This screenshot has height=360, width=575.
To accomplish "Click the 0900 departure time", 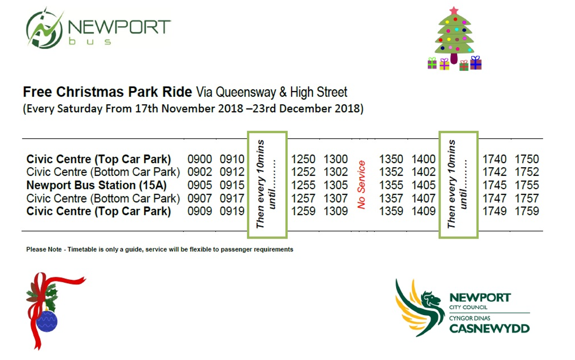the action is point(200,159).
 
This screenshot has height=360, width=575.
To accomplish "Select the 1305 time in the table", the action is point(336,185).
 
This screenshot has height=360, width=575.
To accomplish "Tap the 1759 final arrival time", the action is point(527,211).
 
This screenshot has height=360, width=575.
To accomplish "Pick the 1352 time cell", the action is point(391,172).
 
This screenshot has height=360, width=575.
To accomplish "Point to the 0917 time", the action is point(232,198).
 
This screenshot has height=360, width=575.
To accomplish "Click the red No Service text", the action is point(361,185).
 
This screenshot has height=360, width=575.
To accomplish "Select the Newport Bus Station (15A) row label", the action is point(97,185).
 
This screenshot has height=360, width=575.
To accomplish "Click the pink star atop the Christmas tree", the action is point(454,11).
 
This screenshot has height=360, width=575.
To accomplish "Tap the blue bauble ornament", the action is point(47,321).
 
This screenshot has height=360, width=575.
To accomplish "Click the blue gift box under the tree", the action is point(476,63).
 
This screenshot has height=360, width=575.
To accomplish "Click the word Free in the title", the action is point(38,92).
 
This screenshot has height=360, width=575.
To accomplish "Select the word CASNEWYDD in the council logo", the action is point(490,329).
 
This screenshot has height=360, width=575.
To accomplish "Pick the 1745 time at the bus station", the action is point(495,185).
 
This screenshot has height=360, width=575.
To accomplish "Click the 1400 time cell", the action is point(423,159).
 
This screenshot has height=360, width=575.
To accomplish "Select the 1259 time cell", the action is point(303,211).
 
